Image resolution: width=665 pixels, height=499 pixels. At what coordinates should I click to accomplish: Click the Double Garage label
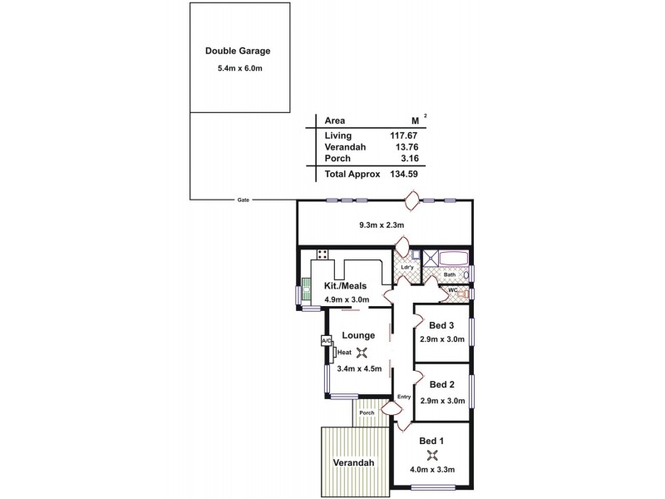point(238,51)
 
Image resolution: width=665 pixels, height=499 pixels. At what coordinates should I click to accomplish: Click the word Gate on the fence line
point(244,200)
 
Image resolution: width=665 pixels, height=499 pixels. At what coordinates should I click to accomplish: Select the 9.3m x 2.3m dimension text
point(381,225)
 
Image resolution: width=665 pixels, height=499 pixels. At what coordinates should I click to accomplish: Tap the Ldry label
point(406,268)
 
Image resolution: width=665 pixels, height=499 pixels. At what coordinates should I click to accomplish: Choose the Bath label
point(449,274)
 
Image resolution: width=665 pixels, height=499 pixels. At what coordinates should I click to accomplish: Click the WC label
point(452,290)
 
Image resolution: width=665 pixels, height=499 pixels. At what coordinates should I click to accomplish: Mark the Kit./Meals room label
point(345,286)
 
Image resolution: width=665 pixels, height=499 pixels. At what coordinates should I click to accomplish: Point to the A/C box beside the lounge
point(325,341)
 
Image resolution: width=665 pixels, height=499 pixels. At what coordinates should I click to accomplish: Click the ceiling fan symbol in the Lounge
point(360,352)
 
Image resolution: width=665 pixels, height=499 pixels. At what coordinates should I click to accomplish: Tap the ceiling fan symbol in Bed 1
point(431,454)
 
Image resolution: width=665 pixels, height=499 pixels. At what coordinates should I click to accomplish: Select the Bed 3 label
point(441,325)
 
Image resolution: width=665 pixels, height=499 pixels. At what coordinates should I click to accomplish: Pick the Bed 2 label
point(441,385)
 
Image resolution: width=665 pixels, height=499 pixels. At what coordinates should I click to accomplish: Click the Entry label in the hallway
point(404,397)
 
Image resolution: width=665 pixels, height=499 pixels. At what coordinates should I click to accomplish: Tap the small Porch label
point(366,413)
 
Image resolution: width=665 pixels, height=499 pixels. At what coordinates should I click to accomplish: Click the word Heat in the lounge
point(343,352)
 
